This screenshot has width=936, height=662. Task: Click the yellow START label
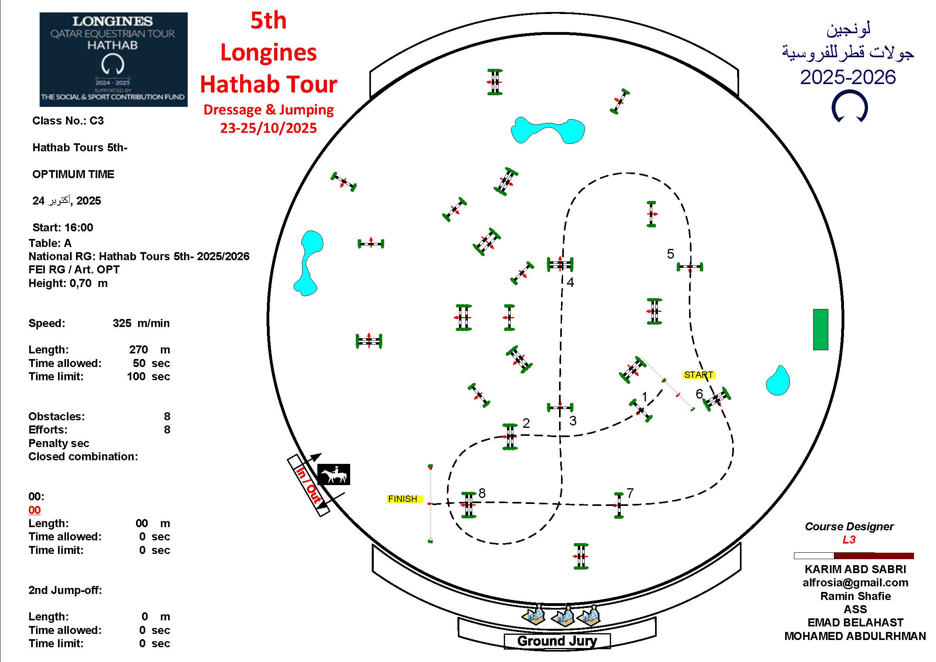click(x=699, y=375)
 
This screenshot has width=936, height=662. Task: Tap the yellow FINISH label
click(x=403, y=499)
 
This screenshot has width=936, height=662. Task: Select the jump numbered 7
click(x=619, y=506)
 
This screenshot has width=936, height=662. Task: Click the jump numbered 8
click(x=469, y=505)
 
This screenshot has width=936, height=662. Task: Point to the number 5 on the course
click(x=670, y=254)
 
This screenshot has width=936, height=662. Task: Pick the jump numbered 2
click(x=510, y=437)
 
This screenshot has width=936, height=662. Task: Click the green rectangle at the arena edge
click(x=821, y=329)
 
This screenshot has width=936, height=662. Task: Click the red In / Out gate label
click(x=309, y=485)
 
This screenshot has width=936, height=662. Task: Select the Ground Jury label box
click(x=557, y=641)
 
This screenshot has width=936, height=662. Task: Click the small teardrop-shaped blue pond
click(x=778, y=380)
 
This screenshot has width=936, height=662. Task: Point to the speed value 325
click(x=122, y=323)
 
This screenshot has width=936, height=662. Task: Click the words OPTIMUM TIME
click(x=73, y=174)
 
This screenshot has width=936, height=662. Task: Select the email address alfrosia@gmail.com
click(x=855, y=582)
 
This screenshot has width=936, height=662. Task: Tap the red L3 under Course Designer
click(x=849, y=540)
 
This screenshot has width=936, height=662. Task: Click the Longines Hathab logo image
click(x=113, y=60)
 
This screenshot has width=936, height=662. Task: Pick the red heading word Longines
click(x=268, y=52)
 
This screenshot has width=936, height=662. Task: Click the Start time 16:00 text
click(x=63, y=227)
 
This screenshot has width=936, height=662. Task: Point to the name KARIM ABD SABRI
click(x=855, y=569)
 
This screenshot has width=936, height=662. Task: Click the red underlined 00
click(x=35, y=510)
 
